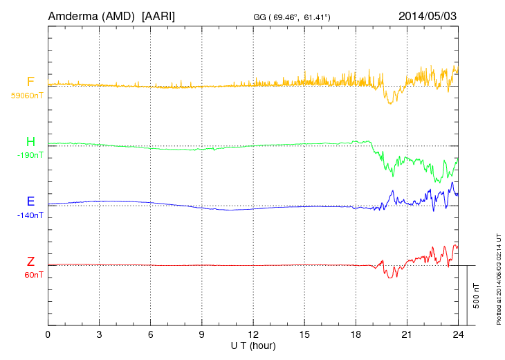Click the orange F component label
click(x=30, y=82)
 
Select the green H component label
click(x=30, y=142)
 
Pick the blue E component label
click(x=30, y=201)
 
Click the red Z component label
click(x=30, y=262)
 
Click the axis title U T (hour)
click(x=253, y=345)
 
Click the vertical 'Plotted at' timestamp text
click(x=498, y=277)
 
